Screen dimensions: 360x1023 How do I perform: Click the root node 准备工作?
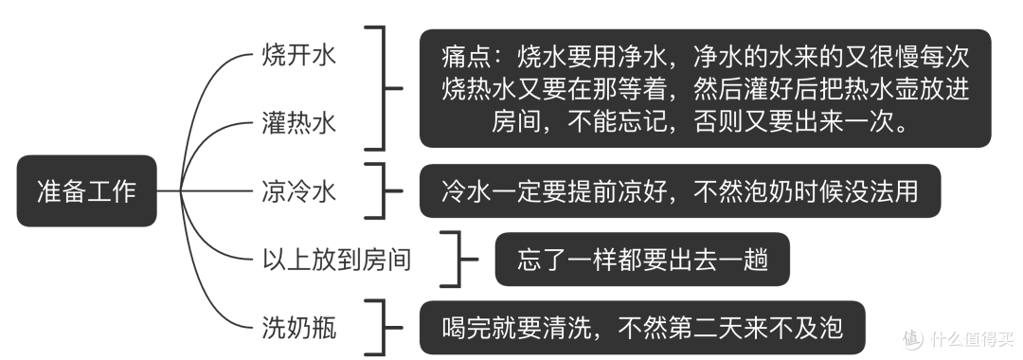coord(86,190)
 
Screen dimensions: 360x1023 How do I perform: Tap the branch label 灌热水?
coord(298,122)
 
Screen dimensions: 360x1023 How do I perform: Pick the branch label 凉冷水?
coord(298,190)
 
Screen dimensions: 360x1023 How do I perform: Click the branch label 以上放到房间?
coord(336,259)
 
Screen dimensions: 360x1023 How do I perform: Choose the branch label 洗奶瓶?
coord(298,328)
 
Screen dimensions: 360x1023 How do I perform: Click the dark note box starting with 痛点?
coord(705,88)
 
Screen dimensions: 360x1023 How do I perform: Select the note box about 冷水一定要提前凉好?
coord(679,190)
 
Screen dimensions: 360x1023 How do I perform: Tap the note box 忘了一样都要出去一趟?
coord(641,259)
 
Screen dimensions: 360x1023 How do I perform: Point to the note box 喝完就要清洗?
coord(641,328)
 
